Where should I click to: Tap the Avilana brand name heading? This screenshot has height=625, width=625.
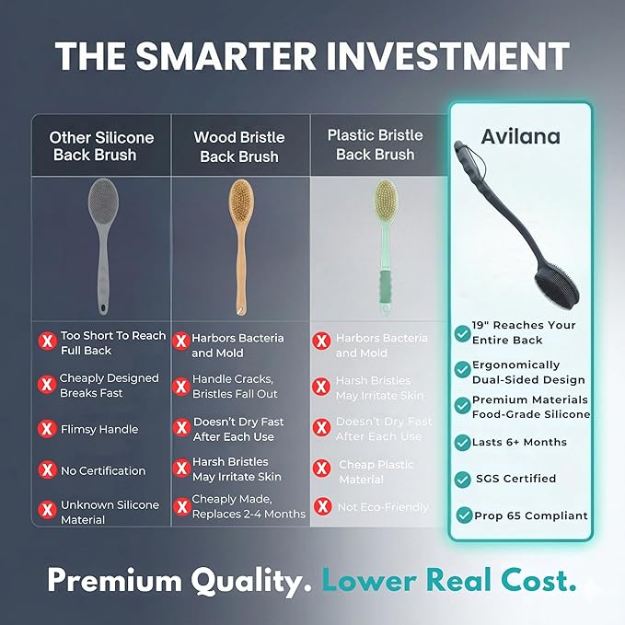point(519,137)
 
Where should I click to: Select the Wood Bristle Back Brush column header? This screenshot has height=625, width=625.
point(239,146)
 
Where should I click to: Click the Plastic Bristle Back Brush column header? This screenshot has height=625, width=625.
point(376,145)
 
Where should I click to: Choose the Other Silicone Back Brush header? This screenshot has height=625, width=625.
point(101,146)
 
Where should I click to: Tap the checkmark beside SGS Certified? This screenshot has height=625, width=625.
point(463,479)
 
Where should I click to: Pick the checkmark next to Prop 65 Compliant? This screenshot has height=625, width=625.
point(465,515)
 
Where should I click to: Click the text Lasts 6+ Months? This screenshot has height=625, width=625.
point(519,442)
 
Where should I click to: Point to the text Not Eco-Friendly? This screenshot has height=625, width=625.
point(383,507)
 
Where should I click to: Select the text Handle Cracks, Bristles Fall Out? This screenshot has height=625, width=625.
point(235,387)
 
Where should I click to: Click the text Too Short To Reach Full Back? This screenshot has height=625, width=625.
point(113,343)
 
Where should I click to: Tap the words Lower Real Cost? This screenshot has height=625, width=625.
point(449,580)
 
